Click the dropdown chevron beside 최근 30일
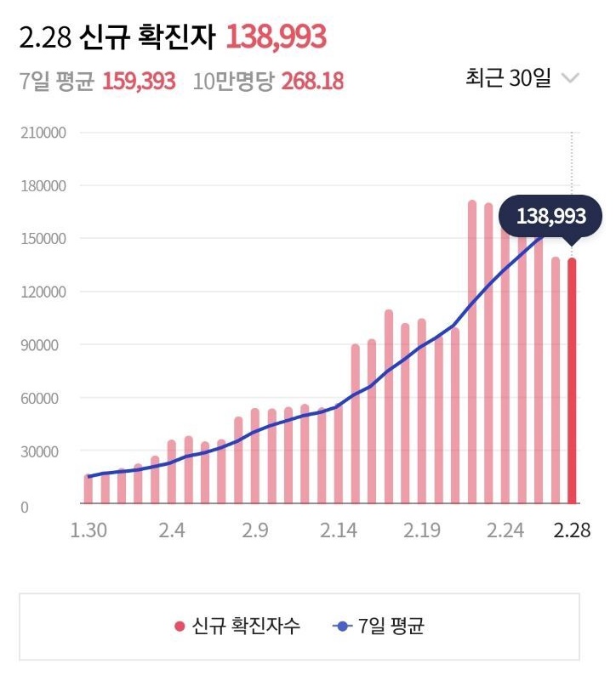570,79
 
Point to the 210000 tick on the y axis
43,133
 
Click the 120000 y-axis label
43,292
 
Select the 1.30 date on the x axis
89,531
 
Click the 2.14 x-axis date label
339,531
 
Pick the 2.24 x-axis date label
505,531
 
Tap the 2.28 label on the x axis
572,531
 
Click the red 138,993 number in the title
277,37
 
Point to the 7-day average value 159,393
139,82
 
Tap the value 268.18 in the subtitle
313,82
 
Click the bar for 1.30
89,489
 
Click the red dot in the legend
180,627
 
